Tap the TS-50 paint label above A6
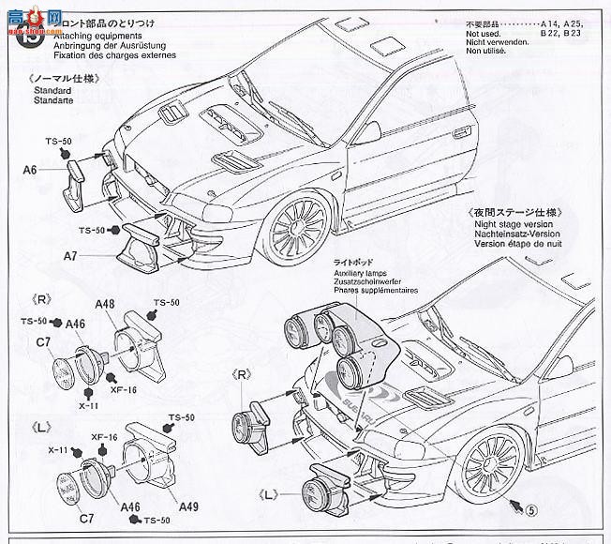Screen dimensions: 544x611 (58, 141)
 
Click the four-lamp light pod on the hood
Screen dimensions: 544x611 (337, 338)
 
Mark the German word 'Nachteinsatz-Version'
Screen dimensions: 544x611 (516, 235)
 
